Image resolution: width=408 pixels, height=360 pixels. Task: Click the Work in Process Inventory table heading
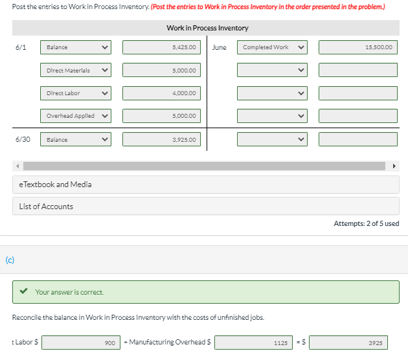click(x=207, y=28)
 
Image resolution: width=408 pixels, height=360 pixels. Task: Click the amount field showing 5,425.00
click(x=162, y=47)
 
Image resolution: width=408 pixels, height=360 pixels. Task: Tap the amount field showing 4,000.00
click(x=162, y=93)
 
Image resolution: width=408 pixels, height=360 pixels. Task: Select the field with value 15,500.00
click(x=357, y=47)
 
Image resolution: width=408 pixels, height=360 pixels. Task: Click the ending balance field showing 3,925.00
click(x=162, y=139)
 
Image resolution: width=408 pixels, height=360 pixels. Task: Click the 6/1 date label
click(x=21, y=47)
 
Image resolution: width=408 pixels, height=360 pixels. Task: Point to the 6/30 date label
click(x=22, y=139)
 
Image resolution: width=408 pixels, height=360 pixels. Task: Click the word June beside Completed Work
click(x=219, y=47)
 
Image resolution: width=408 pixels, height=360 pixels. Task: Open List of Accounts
click(x=46, y=207)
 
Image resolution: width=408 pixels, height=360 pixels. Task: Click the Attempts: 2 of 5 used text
click(x=366, y=223)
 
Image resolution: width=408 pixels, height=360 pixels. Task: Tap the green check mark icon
click(x=24, y=292)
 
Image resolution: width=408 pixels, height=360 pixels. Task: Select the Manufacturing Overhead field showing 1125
click(x=253, y=343)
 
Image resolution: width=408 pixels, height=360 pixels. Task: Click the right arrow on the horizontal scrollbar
click(x=393, y=166)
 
